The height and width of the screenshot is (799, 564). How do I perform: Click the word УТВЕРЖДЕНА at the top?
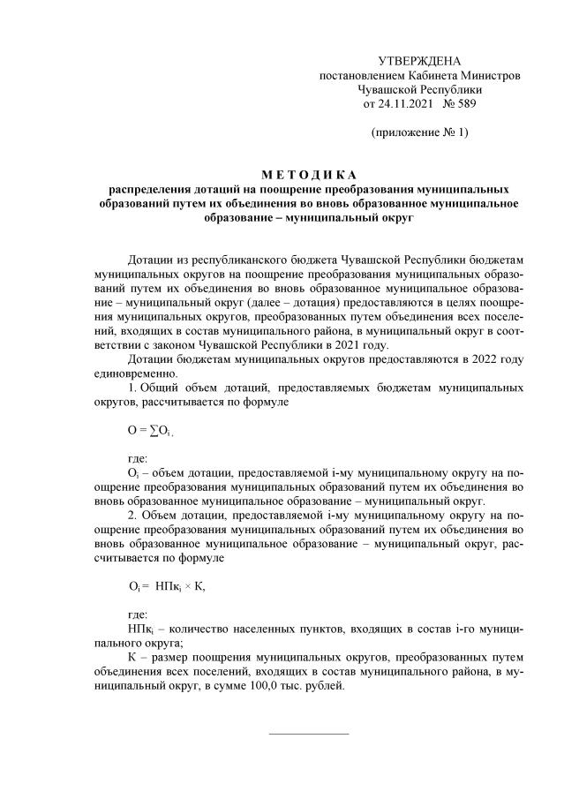419,61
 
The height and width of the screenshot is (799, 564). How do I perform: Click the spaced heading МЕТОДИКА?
308,174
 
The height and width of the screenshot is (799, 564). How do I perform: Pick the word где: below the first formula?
139,458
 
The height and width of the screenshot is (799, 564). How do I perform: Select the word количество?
198,628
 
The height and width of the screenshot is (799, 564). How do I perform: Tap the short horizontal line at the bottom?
308,732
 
